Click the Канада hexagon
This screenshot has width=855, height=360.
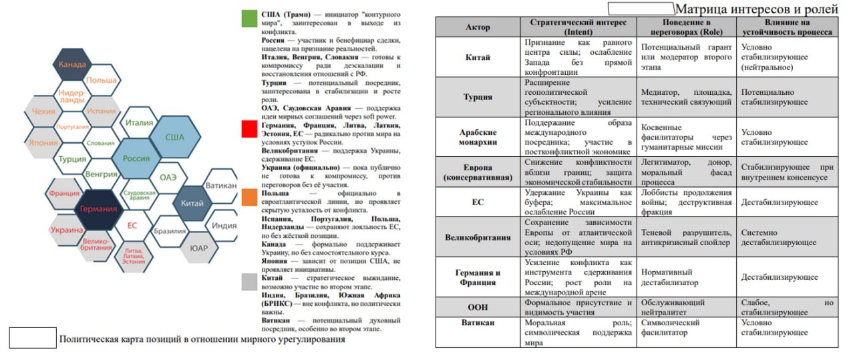[x=72, y=65]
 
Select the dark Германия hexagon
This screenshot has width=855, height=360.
[x=99, y=208]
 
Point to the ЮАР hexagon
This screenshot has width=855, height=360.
[x=200, y=248]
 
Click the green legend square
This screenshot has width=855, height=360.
[x=250, y=18]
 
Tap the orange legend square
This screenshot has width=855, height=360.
[x=250, y=197]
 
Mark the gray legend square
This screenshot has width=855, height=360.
[x=250, y=282]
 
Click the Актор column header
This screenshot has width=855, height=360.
[x=478, y=27]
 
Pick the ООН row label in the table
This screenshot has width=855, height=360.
[x=478, y=307]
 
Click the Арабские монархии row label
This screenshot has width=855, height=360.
[x=478, y=137]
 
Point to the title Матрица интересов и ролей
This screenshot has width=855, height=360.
[x=756, y=9]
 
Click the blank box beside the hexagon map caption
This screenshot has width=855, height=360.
[x=32, y=338]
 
